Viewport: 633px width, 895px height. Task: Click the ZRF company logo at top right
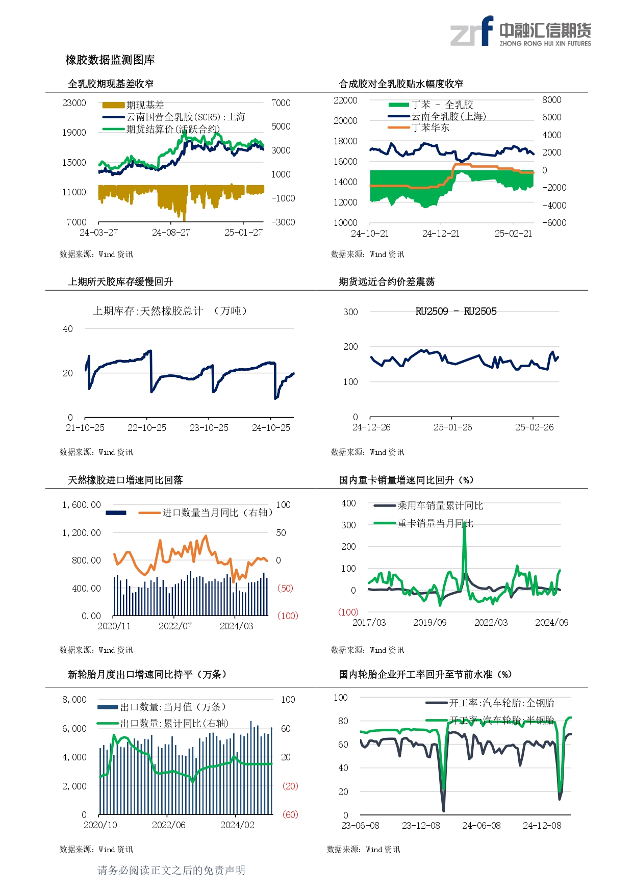tap(520, 32)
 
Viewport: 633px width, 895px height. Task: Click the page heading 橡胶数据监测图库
tap(110, 60)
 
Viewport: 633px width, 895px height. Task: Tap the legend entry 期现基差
tap(145, 105)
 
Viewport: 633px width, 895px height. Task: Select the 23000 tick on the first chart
tap(74, 103)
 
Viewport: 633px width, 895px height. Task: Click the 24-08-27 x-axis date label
tap(171, 233)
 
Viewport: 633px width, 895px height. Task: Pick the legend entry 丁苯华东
tap(431, 127)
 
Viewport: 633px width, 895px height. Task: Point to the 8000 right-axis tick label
tap(551, 100)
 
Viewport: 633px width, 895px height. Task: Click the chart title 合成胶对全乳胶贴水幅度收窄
tap(401, 84)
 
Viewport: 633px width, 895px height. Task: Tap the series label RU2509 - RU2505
tap(455, 312)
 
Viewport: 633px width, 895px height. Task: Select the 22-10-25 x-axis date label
tap(147, 428)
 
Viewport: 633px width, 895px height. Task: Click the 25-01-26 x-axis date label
tap(452, 427)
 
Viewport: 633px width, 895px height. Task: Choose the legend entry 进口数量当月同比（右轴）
tap(217, 513)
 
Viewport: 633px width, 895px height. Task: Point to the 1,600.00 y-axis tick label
tap(82, 505)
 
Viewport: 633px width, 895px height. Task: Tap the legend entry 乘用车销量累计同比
tap(440, 505)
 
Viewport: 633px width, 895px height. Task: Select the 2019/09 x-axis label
tap(429, 623)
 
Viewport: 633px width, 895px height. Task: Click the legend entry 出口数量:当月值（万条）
tap(172, 707)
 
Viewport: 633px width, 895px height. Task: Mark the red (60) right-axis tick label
tap(290, 814)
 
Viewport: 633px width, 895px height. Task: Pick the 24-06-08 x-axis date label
tap(481, 826)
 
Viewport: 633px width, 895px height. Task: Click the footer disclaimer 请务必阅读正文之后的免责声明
tap(171, 870)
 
